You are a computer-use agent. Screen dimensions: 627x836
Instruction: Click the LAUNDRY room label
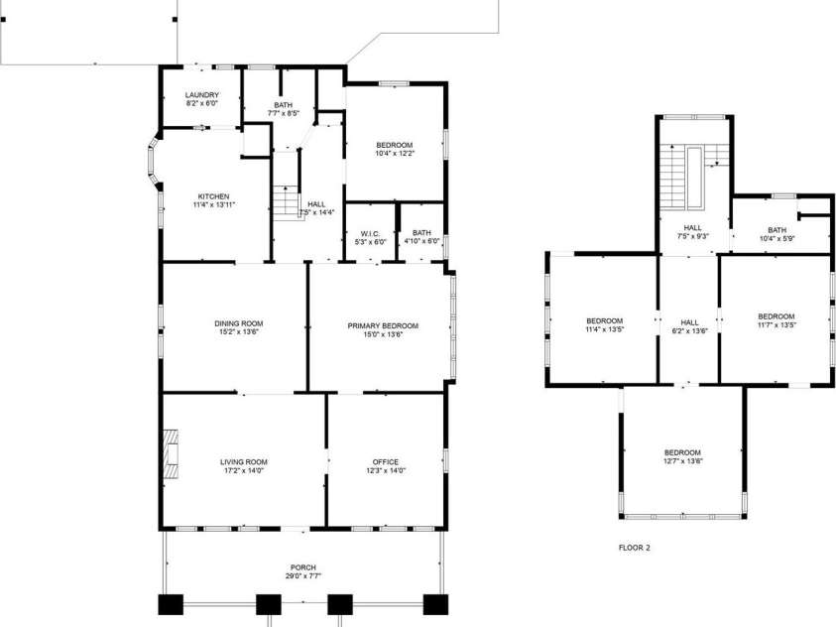[x=201, y=94]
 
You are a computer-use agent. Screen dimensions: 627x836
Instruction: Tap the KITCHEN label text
[x=214, y=195]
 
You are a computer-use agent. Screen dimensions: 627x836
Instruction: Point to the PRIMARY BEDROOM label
[x=382, y=325]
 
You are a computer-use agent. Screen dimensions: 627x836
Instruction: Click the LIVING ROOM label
[x=243, y=461]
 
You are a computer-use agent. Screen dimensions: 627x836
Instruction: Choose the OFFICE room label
[x=385, y=461]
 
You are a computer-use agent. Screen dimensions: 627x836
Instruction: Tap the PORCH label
[x=302, y=566]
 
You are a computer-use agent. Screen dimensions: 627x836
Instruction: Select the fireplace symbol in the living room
[x=173, y=454]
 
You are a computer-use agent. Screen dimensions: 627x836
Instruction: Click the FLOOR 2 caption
[x=634, y=547]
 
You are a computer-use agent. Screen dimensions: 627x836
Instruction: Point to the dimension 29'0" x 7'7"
[x=302, y=575]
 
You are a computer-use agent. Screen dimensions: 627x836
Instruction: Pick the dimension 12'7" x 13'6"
[x=682, y=460]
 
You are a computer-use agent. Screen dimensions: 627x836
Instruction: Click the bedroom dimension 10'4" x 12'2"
[x=394, y=153]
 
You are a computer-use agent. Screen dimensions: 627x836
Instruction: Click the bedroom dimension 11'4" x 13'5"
[x=604, y=328]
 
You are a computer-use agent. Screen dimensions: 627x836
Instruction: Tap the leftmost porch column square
[x=171, y=604]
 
